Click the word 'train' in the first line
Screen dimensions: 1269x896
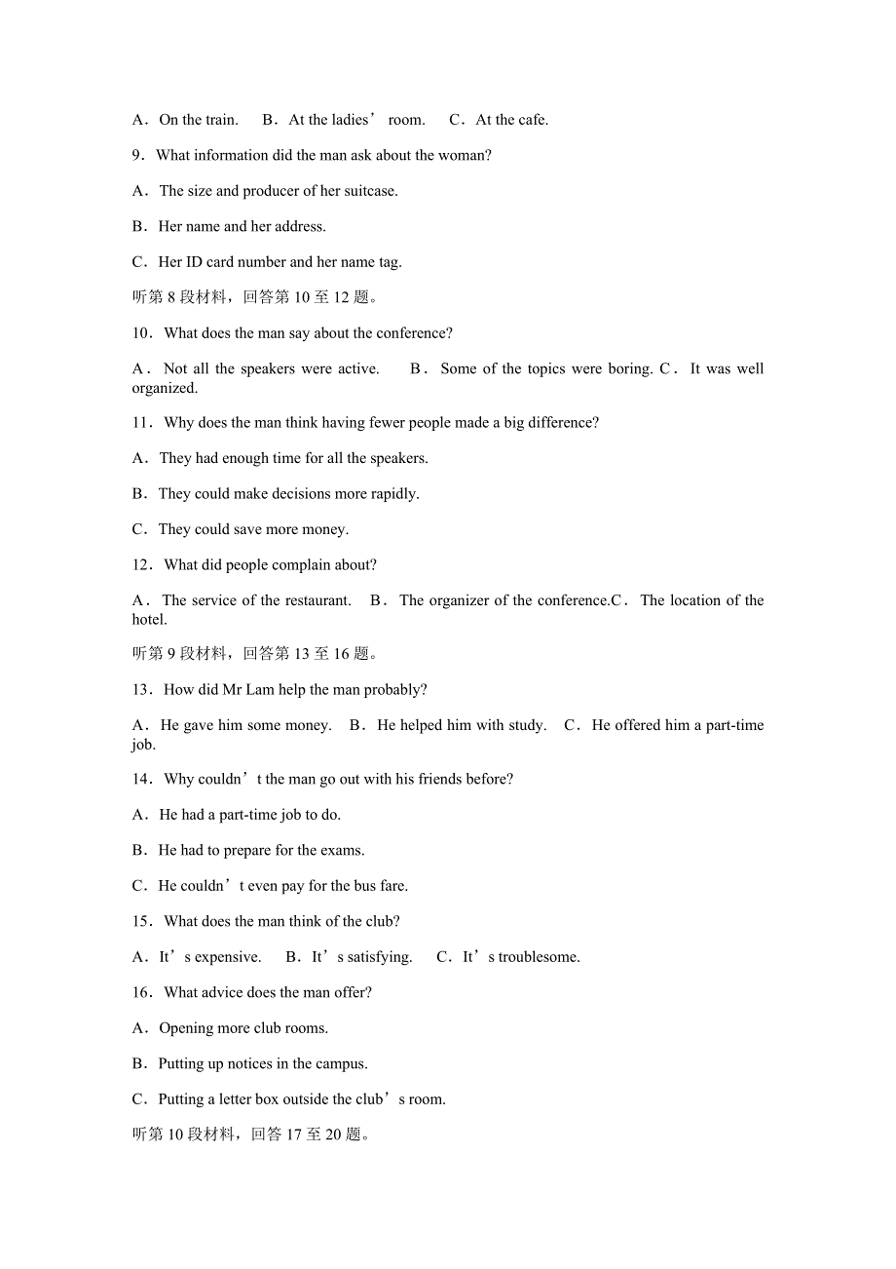point(221,120)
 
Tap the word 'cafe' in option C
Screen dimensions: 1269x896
point(532,120)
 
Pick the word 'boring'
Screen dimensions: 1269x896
point(628,368)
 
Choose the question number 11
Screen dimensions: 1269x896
point(141,422)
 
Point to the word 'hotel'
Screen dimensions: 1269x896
point(149,620)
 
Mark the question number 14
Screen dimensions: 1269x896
point(141,779)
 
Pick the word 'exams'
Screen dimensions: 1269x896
point(342,851)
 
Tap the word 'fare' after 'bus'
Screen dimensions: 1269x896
point(392,886)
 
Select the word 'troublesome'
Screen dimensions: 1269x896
point(540,957)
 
